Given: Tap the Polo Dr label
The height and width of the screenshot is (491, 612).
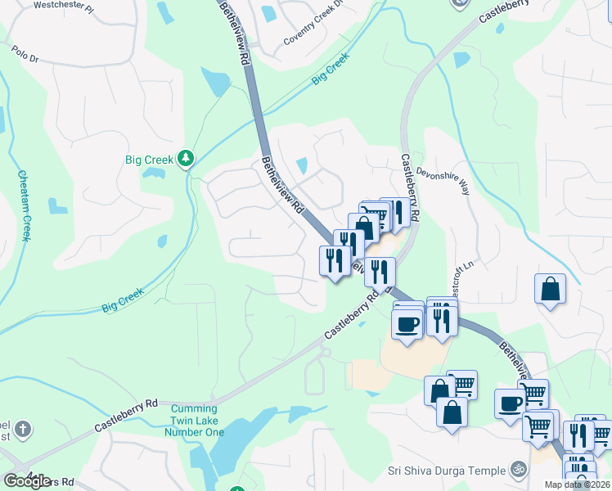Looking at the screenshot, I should pos(25,53).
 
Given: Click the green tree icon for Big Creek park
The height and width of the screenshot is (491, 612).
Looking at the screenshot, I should pos(187,158).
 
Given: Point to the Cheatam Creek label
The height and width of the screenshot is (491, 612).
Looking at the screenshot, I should pos(24,205).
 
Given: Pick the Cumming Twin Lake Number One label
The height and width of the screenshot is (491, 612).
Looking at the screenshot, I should pos(195,420).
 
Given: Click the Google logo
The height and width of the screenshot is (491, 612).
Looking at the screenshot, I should pos(27,481).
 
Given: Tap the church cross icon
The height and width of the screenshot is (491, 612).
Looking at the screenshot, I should pos(24,428).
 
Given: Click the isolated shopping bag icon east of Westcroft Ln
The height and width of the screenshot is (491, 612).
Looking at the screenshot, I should pos(551,290).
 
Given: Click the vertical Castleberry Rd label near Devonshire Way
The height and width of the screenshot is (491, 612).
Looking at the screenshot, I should pos(410,187).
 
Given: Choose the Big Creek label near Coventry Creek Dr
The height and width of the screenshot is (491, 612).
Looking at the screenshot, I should pos(330,69).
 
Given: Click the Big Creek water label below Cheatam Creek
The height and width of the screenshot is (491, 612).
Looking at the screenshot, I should pos(123,300).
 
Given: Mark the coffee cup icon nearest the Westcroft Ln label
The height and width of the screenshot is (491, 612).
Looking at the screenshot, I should pos(407,323).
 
